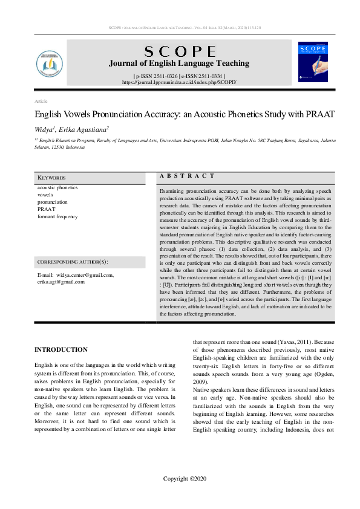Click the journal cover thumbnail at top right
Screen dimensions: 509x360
(x=312, y=62)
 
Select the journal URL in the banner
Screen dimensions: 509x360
(x=179, y=82)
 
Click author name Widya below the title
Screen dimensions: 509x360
(x=45, y=129)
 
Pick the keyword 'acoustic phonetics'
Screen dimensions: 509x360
(x=57, y=187)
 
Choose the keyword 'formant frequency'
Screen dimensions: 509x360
(x=57, y=216)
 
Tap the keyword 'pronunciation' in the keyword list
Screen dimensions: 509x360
(x=53, y=202)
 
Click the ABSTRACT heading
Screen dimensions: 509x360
(x=188, y=176)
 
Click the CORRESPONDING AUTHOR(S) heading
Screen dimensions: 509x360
(x=73, y=262)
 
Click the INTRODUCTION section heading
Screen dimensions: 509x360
(x=61, y=349)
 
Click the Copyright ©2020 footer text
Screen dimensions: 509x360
(x=185, y=479)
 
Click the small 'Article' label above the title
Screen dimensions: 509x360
(x=41, y=101)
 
